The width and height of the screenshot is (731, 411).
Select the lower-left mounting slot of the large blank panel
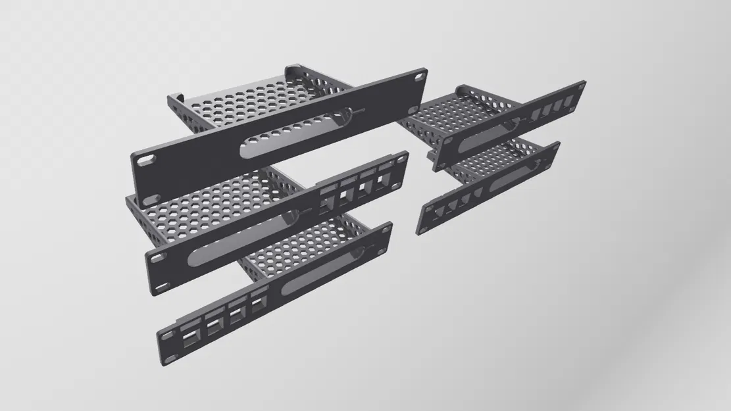151,197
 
